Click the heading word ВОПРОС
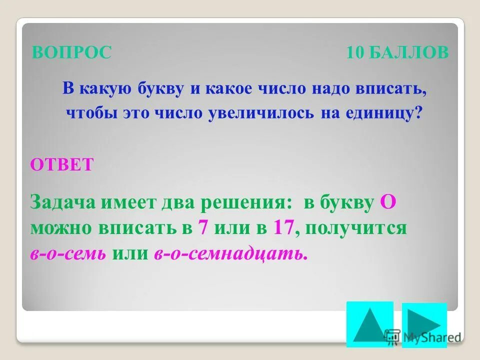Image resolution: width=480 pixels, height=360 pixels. click(x=71, y=52)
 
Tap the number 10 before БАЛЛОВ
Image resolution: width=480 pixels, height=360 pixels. click(x=356, y=52)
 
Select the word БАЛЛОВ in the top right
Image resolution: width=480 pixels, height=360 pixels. click(x=409, y=52)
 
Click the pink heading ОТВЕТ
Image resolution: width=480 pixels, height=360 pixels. click(x=61, y=164)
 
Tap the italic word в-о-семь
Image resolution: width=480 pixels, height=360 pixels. click(x=68, y=254)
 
